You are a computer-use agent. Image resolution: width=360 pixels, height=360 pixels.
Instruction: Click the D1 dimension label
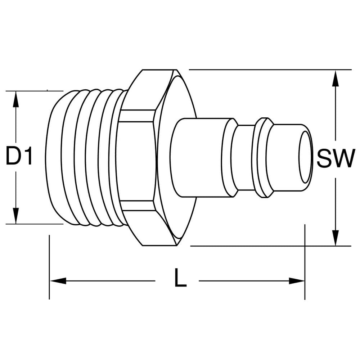coord(19,157)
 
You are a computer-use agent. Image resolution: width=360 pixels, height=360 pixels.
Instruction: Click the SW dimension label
coord(334,158)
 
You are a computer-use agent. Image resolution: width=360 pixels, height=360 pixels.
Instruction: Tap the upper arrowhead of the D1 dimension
coord(15,99)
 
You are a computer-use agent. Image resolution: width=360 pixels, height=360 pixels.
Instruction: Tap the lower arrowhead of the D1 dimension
coord(15,216)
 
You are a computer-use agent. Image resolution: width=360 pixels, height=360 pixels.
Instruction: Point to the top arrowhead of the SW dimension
coord(336,78)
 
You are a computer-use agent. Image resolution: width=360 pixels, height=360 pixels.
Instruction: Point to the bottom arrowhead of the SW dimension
coord(336,238)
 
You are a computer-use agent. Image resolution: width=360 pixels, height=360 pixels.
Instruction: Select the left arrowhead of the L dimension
coord(58,280)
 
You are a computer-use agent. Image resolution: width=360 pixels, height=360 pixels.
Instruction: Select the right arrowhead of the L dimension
coord(297,280)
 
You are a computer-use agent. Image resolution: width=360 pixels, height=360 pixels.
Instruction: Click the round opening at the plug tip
coord(305,157)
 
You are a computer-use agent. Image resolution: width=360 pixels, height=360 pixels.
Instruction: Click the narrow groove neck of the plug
coord(246,158)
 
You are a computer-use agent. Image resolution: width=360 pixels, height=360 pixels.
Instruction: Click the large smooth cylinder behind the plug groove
coord(202,158)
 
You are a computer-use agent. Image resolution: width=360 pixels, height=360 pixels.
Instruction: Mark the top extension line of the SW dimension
coord(270,69)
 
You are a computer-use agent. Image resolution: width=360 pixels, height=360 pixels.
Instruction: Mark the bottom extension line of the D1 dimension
coord(35,224)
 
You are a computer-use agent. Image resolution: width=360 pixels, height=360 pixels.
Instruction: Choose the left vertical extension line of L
coord(49,267)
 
